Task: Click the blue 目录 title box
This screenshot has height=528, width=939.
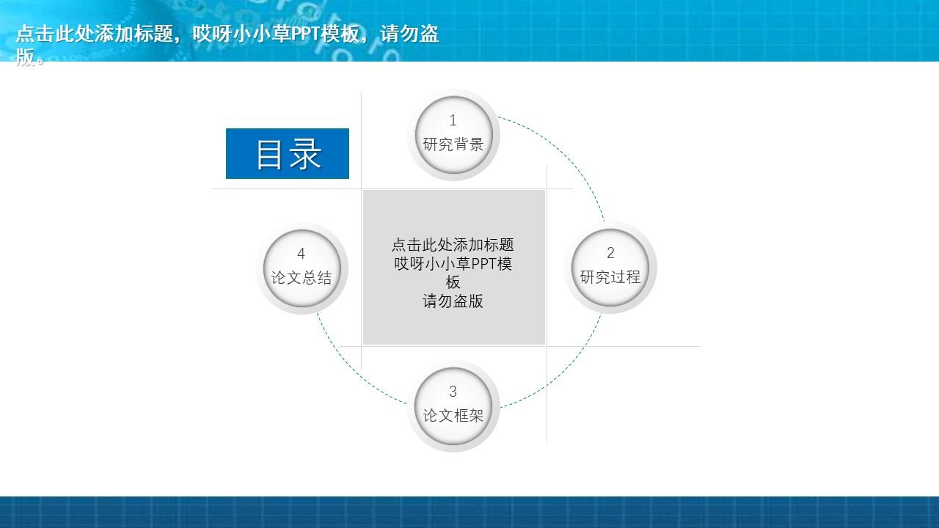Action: (288, 153)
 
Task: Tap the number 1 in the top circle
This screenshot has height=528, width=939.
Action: (453, 120)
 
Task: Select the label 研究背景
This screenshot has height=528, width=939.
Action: (453, 144)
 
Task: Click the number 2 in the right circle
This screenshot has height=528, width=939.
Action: (610, 253)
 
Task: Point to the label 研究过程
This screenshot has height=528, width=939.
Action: (610, 277)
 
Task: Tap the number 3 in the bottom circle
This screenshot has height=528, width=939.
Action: (453, 392)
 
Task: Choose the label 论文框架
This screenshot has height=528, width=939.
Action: (453, 416)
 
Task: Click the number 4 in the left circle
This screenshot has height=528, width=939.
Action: (301, 254)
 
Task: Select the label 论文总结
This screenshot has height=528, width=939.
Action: (302, 278)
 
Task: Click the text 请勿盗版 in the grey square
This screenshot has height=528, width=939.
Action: (453, 301)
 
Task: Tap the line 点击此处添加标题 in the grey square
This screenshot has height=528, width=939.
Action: (453, 245)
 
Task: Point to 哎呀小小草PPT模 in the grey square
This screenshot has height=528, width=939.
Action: (453, 264)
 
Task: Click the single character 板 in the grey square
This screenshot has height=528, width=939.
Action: (453, 282)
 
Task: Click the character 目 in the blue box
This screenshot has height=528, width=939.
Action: (269, 154)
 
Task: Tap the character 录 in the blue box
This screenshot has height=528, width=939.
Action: (306, 154)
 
